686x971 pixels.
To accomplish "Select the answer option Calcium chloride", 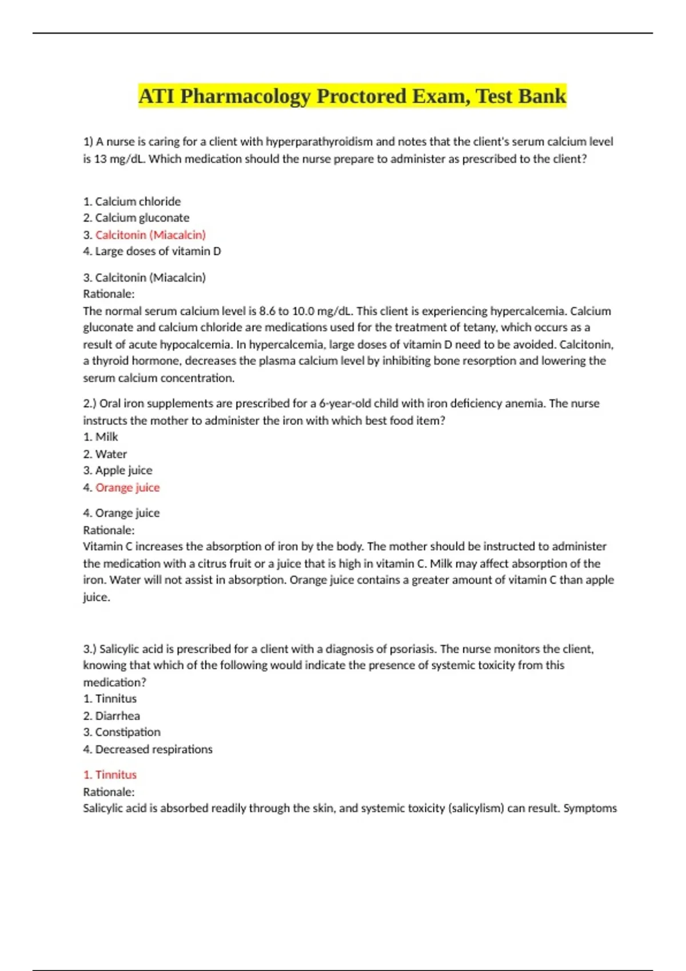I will (138, 202).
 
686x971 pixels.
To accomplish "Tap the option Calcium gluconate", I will (142, 218).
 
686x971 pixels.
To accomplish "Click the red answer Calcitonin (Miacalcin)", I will (150, 235).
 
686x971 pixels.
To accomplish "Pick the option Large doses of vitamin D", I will (158, 251).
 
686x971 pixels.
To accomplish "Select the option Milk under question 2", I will (106, 437).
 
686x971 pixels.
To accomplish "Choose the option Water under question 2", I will (111, 454).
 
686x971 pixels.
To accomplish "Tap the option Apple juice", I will (123, 471).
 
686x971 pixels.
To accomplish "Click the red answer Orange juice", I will (127, 488).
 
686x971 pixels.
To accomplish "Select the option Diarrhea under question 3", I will (117, 716).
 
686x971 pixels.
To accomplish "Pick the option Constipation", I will (127, 732).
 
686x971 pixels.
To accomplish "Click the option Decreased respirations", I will (154, 749).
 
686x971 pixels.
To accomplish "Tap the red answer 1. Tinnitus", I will (110, 775).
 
